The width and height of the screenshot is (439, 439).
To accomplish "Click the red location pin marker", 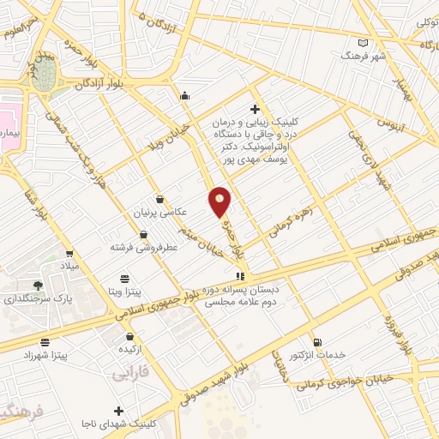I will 220,201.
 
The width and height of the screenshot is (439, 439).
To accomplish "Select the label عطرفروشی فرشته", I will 142,247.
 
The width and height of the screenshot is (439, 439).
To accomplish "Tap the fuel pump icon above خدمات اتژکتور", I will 317,341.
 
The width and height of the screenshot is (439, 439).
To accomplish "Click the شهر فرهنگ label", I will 364,54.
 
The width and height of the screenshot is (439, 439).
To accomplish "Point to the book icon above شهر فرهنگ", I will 364,42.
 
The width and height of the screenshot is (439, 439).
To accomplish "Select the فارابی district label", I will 130,375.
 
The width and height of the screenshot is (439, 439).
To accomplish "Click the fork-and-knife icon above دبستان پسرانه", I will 241,277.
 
